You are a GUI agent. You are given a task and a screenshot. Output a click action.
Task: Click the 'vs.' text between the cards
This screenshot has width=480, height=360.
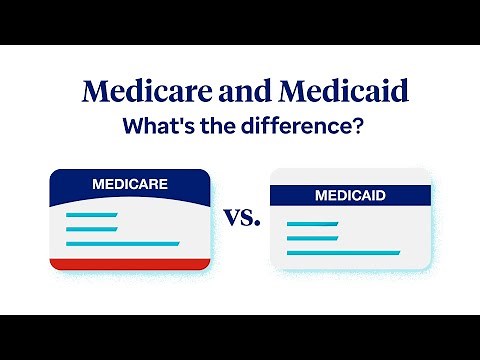(x=241, y=217)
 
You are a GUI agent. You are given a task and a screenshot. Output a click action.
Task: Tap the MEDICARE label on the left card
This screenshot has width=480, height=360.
(x=130, y=184)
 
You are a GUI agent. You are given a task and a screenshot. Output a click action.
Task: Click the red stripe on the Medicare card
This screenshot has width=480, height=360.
(x=130, y=264)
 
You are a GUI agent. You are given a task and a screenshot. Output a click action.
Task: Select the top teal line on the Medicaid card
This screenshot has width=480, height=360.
(x=312, y=223)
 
